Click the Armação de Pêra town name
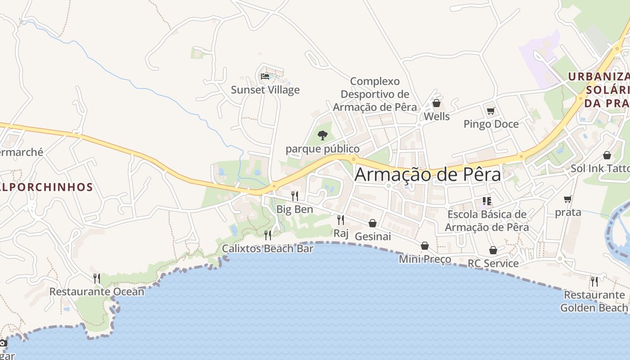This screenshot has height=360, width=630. coord(427,175)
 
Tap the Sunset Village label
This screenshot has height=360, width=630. coord(265,90)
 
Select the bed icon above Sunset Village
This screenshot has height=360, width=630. coord(265,76)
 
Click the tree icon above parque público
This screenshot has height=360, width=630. coord(322,135)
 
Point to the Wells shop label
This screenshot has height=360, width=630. coord(436,117)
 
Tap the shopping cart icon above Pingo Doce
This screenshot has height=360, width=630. coord(490,111)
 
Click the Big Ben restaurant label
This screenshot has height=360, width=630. coord(294,209)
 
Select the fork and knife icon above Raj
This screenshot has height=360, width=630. coord(341,220)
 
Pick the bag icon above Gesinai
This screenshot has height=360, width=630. coord(373,223)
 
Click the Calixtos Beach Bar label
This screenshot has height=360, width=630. coord(268,248)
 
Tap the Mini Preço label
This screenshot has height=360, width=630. coord(425,259)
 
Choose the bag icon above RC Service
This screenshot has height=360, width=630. coord(493,250)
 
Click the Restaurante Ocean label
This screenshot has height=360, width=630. coord(97,292)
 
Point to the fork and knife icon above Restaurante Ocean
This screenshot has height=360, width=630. coord(96,278)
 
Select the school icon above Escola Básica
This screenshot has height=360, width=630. coord(486,201)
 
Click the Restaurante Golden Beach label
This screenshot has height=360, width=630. coord(594,301)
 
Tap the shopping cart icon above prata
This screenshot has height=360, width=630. coord(568,199)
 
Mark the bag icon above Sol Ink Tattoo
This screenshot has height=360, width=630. coord(607,155)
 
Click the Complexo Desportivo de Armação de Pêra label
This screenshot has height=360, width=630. coord(375,94)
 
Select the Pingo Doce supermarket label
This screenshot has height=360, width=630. coord(491,124)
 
